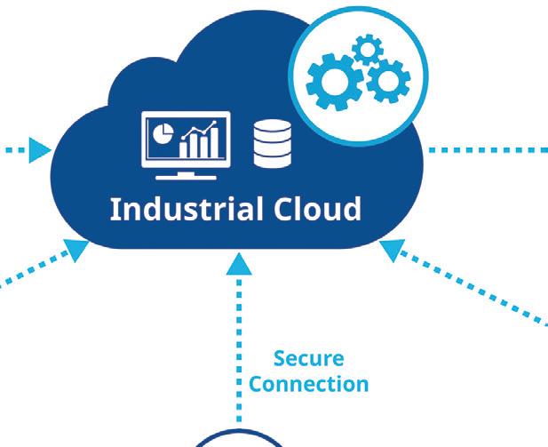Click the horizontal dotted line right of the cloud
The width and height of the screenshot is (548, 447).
488,149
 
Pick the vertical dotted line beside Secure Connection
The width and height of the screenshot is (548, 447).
239,347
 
